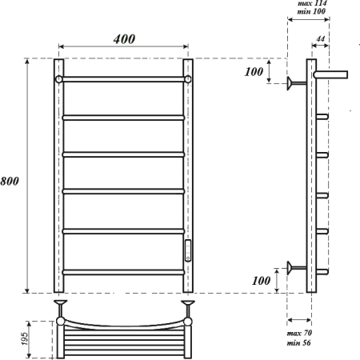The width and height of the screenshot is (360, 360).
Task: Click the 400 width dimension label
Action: coord(124,39)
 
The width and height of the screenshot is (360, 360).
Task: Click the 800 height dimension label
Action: coord(10,182)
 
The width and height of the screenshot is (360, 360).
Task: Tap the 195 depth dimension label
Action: coord(25,338)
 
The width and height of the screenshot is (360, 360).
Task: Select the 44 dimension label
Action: coord(321,39)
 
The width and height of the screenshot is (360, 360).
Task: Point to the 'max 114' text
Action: coord(312,3)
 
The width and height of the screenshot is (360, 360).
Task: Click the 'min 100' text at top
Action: coord(311,11)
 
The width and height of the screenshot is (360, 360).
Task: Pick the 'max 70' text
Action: coord(299,333)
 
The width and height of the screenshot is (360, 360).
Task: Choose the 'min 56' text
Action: coord(298,342)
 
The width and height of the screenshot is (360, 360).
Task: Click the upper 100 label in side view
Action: coord(254,72)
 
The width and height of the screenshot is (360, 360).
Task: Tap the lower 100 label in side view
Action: coord(262,281)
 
